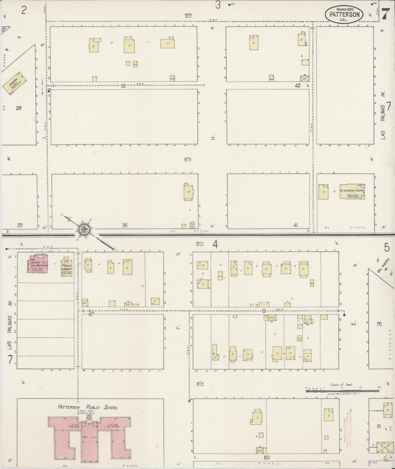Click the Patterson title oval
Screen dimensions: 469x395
tap(344, 14)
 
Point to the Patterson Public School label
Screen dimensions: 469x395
tap(87, 407)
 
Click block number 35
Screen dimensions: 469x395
tap(123, 86)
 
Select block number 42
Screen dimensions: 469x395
tap(298, 85)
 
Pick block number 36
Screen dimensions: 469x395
tap(125, 225)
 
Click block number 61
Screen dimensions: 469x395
tap(264, 311)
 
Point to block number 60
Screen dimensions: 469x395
tap(267, 458)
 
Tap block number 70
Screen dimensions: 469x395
tap(379, 324)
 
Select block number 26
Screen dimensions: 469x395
tap(19, 108)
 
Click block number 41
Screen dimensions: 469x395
tap(295, 225)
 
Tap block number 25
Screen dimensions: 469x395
tap(20, 225)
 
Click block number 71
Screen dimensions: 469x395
tap(379, 427)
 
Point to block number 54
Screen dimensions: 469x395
tap(91, 312)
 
